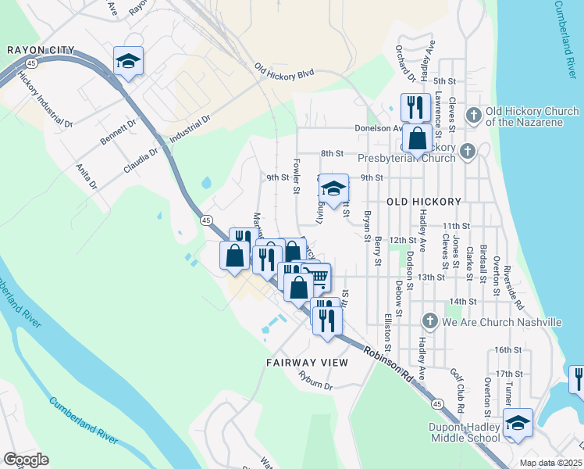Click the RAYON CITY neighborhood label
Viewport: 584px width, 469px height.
[41, 50]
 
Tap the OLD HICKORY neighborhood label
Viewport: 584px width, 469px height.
[424, 202]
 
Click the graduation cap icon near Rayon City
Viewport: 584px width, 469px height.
[128, 61]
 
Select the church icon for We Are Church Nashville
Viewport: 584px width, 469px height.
[429, 321]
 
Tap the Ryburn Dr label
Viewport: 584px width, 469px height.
[315, 381]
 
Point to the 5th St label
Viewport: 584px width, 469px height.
[444, 81]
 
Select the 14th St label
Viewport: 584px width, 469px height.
[463, 301]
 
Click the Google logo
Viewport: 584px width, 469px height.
[25, 460]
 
